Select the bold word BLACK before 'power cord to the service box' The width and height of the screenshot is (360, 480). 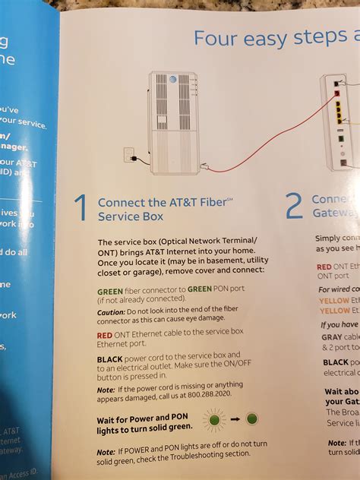point(111,354)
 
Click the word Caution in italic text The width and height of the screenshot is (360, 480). point(110,312)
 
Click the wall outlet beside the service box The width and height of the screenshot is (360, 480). point(128,155)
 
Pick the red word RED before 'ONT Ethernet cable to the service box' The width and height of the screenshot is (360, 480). point(106,333)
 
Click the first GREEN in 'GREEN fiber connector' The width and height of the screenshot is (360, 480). point(111,291)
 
